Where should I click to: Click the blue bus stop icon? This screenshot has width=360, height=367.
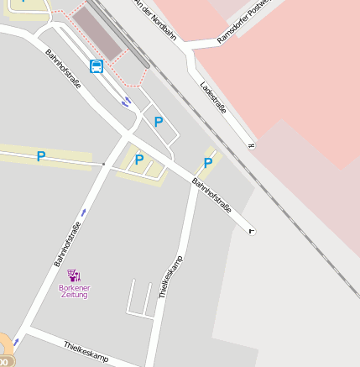point(97,66)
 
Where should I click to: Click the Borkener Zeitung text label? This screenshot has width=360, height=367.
point(74,291)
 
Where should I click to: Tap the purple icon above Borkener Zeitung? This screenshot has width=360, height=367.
point(74,275)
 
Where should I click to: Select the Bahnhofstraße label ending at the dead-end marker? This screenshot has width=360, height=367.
point(211,195)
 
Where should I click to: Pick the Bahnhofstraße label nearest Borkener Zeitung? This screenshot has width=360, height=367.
point(67,244)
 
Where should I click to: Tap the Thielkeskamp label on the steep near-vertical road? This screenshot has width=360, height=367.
point(170,276)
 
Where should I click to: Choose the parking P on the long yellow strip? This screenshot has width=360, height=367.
point(40,156)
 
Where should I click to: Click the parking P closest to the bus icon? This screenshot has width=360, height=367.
point(158,123)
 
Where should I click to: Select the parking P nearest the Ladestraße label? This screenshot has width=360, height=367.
point(208,162)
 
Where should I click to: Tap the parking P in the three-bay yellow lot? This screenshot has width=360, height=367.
point(139,160)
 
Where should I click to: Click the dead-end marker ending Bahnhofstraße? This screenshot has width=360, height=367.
point(252,231)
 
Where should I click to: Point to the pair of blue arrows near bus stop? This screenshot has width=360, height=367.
point(126,102)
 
